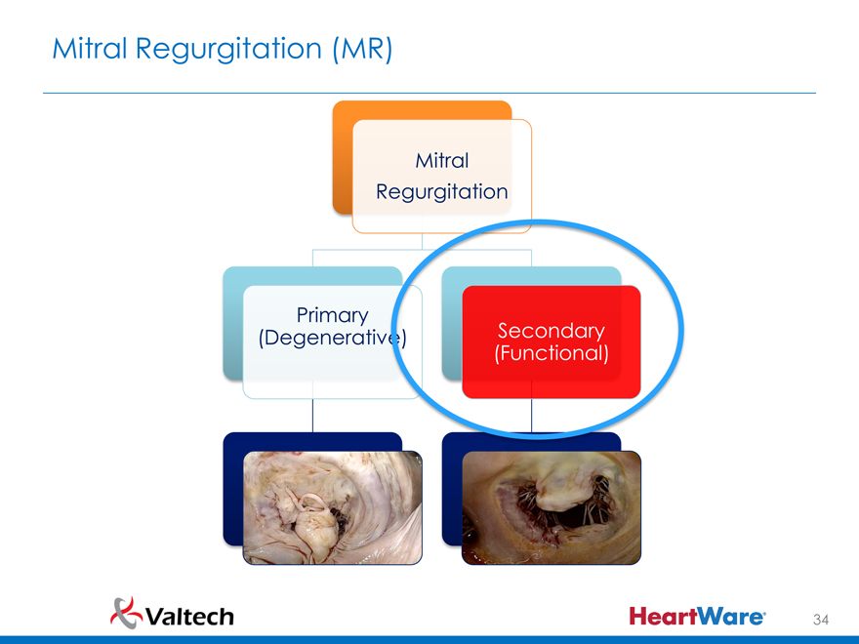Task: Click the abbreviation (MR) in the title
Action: tap(362, 48)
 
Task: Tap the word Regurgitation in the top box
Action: tap(442, 191)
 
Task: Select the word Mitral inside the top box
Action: tap(442, 160)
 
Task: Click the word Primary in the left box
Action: tap(332, 315)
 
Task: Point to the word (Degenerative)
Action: tap(332, 339)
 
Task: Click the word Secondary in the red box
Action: tap(552, 331)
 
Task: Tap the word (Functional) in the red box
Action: tap(552, 352)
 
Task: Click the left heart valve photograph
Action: tap(333, 507)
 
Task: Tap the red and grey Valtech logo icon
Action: tap(124, 612)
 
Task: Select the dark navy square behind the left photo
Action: tap(232, 488)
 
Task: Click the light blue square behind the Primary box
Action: tap(232, 322)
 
